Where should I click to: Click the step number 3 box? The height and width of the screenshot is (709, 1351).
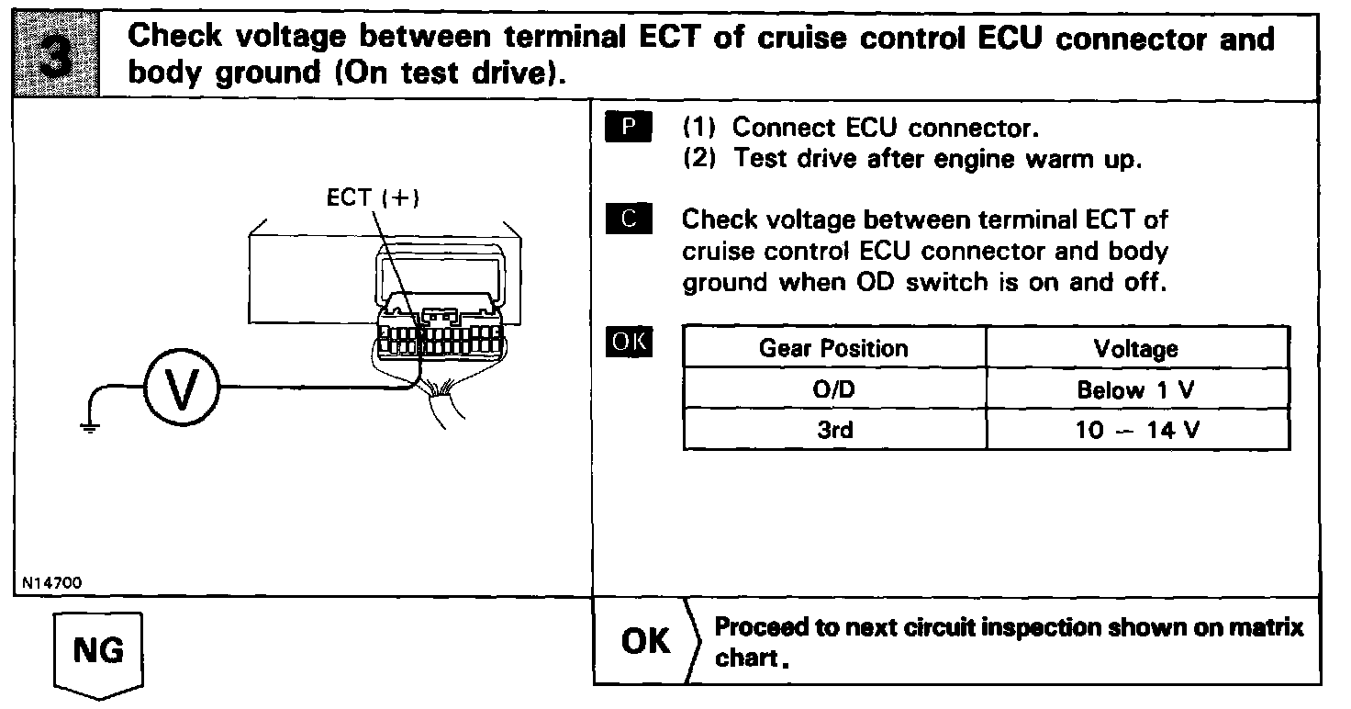point(58,55)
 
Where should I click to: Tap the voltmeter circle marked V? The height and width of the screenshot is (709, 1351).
point(180,387)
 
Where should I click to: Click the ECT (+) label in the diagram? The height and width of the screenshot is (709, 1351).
point(373,199)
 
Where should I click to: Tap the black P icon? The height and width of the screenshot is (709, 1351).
point(628,127)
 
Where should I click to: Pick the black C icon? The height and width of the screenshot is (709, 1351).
point(628,219)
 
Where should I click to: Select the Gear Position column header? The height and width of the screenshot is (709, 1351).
point(833,349)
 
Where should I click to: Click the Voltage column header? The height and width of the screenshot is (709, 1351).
point(1135,349)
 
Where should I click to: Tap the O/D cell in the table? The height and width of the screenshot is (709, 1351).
point(833,389)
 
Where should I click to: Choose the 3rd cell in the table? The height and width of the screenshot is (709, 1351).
point(833,429)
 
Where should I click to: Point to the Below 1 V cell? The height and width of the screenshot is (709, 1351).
point(1135,389)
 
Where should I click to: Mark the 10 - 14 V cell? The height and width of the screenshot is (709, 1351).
point(1135,429)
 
